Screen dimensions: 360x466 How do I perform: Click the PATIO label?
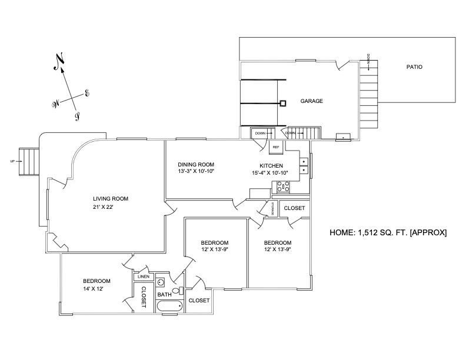(414, 67)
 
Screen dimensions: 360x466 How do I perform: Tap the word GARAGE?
(312, 101)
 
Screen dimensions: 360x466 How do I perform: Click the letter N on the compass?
(59, 62)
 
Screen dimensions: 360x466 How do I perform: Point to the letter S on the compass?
(77, 116)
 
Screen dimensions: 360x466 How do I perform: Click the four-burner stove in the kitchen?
(282, 188)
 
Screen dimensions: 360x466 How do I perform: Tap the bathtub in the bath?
(170, 306)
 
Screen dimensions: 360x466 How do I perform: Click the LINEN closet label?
(144, 276)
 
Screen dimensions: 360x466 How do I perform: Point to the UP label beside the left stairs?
(12, 161)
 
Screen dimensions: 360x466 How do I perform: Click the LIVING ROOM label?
(110, 199)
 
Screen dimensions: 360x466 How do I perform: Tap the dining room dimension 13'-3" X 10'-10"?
(196, 172)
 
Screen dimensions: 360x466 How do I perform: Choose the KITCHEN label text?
(271, 165)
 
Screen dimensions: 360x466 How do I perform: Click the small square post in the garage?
(283, 104)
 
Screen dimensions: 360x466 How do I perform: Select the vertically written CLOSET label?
(143, 297)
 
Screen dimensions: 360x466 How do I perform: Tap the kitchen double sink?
(304, 165)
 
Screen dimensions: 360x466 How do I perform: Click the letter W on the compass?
(56, 104)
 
